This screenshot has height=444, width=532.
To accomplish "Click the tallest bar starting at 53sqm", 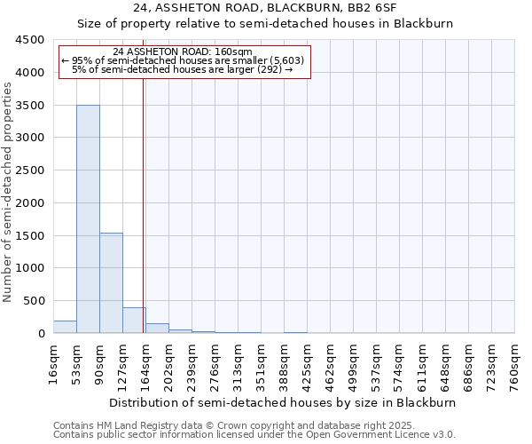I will click(88, 218).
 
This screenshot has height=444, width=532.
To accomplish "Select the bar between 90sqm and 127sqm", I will click(111, 282).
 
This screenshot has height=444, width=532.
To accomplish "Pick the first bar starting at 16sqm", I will click(65, 327).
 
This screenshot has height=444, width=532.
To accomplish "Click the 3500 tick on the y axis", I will click(32, 105).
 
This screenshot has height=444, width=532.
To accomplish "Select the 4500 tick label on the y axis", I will click(32, 40).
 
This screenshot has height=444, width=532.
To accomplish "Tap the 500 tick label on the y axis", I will click(35, 301).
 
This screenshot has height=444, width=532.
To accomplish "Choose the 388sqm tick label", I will click(284, 365).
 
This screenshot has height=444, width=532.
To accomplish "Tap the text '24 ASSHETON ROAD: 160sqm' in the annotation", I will click(184, 52).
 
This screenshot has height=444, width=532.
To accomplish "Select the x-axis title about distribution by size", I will click(284, 402).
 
